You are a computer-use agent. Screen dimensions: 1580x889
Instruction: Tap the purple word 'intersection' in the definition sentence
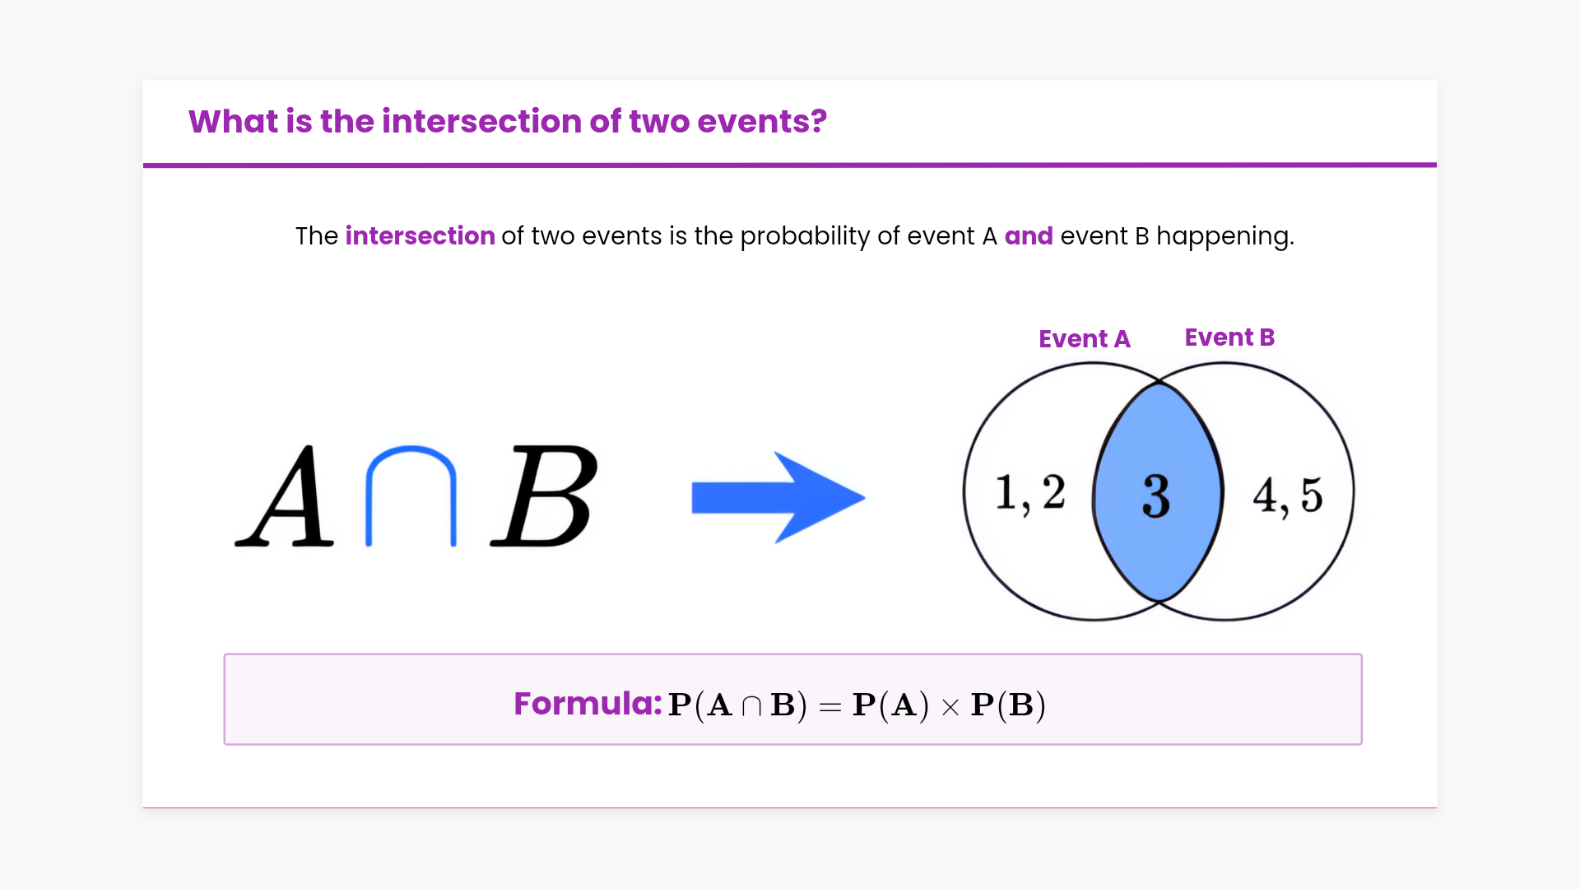tap(420, 236)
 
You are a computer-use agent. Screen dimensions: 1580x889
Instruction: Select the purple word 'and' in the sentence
tap(1029, 236)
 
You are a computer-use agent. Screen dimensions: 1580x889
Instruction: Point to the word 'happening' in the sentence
tap(1224, 237)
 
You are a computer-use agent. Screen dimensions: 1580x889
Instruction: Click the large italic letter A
tap(286, 496)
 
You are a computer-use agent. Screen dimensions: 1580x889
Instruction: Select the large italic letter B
tap(544, 496)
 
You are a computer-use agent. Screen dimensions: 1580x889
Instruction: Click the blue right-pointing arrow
tap(778, 497)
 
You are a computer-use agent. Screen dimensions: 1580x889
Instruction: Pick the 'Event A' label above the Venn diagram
tap(1085, 339)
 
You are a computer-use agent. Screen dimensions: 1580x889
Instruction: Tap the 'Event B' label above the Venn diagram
tap(1229, 337)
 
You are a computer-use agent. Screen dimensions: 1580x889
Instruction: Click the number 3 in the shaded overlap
tap(1156, 496)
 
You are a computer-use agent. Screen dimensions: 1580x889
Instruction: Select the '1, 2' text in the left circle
tap(1030, 493)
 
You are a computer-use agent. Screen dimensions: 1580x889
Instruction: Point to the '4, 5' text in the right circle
tap(1288, 496)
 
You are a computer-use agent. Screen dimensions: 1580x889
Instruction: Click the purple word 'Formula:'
tap(588, 704)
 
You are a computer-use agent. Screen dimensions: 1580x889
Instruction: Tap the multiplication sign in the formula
tap(950, 707)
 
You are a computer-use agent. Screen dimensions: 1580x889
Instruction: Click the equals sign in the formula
tap(830, 706)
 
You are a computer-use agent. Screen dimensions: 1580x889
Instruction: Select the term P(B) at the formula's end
tap(1008, 705)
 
